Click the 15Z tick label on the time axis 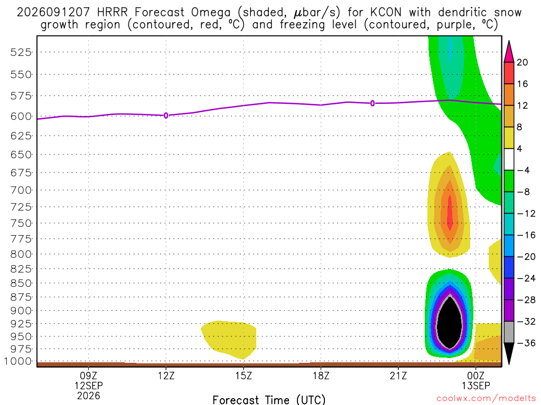tap(244, 375)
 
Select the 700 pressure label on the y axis tap(21, 190)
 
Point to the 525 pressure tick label tap(21, 52)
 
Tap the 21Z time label tap(398, 375)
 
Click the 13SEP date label tap(476, 385)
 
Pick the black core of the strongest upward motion tap(450, 322)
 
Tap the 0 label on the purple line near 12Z tap(166, 115)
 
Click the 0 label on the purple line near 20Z tap(372, 103)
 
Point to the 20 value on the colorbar tap(522, 62)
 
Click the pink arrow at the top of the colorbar tap(509, 52)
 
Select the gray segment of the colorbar tap(509, 332)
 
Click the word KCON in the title tap(386, 13)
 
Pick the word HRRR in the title tap(112, 13)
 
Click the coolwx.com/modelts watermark tap(486, 399)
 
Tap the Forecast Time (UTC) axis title tap(269, 400)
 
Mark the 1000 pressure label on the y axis tap(18, 361)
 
